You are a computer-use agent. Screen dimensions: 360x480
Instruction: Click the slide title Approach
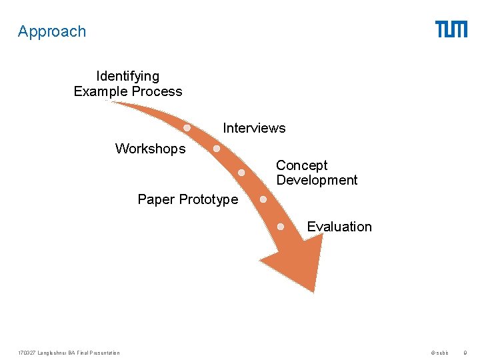tap(52, 31)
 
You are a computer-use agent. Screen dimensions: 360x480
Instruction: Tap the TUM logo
tap(451, 29)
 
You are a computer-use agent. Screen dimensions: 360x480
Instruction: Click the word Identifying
tap(128, 76)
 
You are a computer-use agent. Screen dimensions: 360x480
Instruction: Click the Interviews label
tap(254, 128)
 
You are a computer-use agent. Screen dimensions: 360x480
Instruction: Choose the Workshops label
tap(150, 149)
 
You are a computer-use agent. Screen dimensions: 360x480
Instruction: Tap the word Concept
tap(302, 165)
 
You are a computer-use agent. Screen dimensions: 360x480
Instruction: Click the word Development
tap(317, 180)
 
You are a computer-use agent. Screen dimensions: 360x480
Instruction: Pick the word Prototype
tap(209, 199)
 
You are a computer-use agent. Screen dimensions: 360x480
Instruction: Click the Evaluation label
tap(339, 227)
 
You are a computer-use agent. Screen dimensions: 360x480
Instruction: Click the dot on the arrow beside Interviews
tap(188, 127)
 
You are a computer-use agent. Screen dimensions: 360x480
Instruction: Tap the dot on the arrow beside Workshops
tap(217, 149)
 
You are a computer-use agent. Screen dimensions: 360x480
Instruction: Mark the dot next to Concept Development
tap(241, 173)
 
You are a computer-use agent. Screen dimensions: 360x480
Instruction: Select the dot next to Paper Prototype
tap(263, 199)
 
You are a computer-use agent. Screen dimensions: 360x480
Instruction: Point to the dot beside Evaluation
tap(281, 227)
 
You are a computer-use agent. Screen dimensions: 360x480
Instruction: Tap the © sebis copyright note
tap(440, 353)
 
